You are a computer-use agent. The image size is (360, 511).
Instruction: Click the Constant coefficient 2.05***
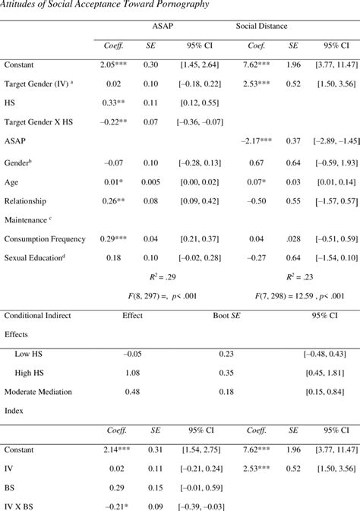click(115, 66)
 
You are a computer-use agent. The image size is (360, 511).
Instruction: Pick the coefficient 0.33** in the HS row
click(114, 102)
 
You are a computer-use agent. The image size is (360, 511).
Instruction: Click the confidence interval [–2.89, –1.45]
click(327, 140)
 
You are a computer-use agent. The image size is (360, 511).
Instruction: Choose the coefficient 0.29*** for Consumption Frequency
click(115, 238)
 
